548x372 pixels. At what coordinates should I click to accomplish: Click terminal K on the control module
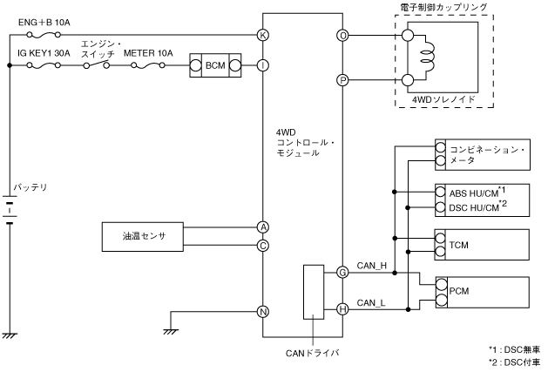click(x=262, y=36)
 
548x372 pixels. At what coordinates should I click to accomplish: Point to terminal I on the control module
click(x=262, y=65)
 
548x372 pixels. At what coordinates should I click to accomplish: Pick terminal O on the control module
click(x=343, y=36)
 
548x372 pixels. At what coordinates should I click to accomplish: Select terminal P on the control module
click(x=343, y=80)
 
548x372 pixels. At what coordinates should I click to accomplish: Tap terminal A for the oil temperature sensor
click(x=262, y=227)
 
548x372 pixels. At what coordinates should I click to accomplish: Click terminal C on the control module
click(x=262, y=245)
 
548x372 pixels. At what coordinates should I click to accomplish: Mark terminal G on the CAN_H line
click(x=343, y=273)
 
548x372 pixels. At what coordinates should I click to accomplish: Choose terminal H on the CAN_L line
click(x=343, y=308)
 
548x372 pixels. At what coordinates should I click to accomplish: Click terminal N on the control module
click(x=262, y=311)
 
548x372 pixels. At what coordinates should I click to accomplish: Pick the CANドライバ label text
click(x=313, y=353)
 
